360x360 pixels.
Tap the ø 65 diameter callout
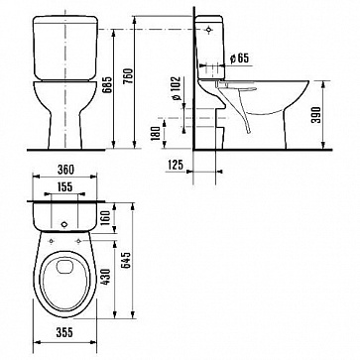pos(239,59)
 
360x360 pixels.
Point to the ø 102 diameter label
pos(177,88)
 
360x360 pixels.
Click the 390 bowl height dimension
pos(316,115)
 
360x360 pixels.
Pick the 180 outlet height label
pos(157,133)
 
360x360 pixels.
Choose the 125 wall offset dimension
pos(176,165)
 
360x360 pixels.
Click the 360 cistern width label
pos(65,170)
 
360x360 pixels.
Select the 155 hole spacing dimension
pos(64,187)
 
